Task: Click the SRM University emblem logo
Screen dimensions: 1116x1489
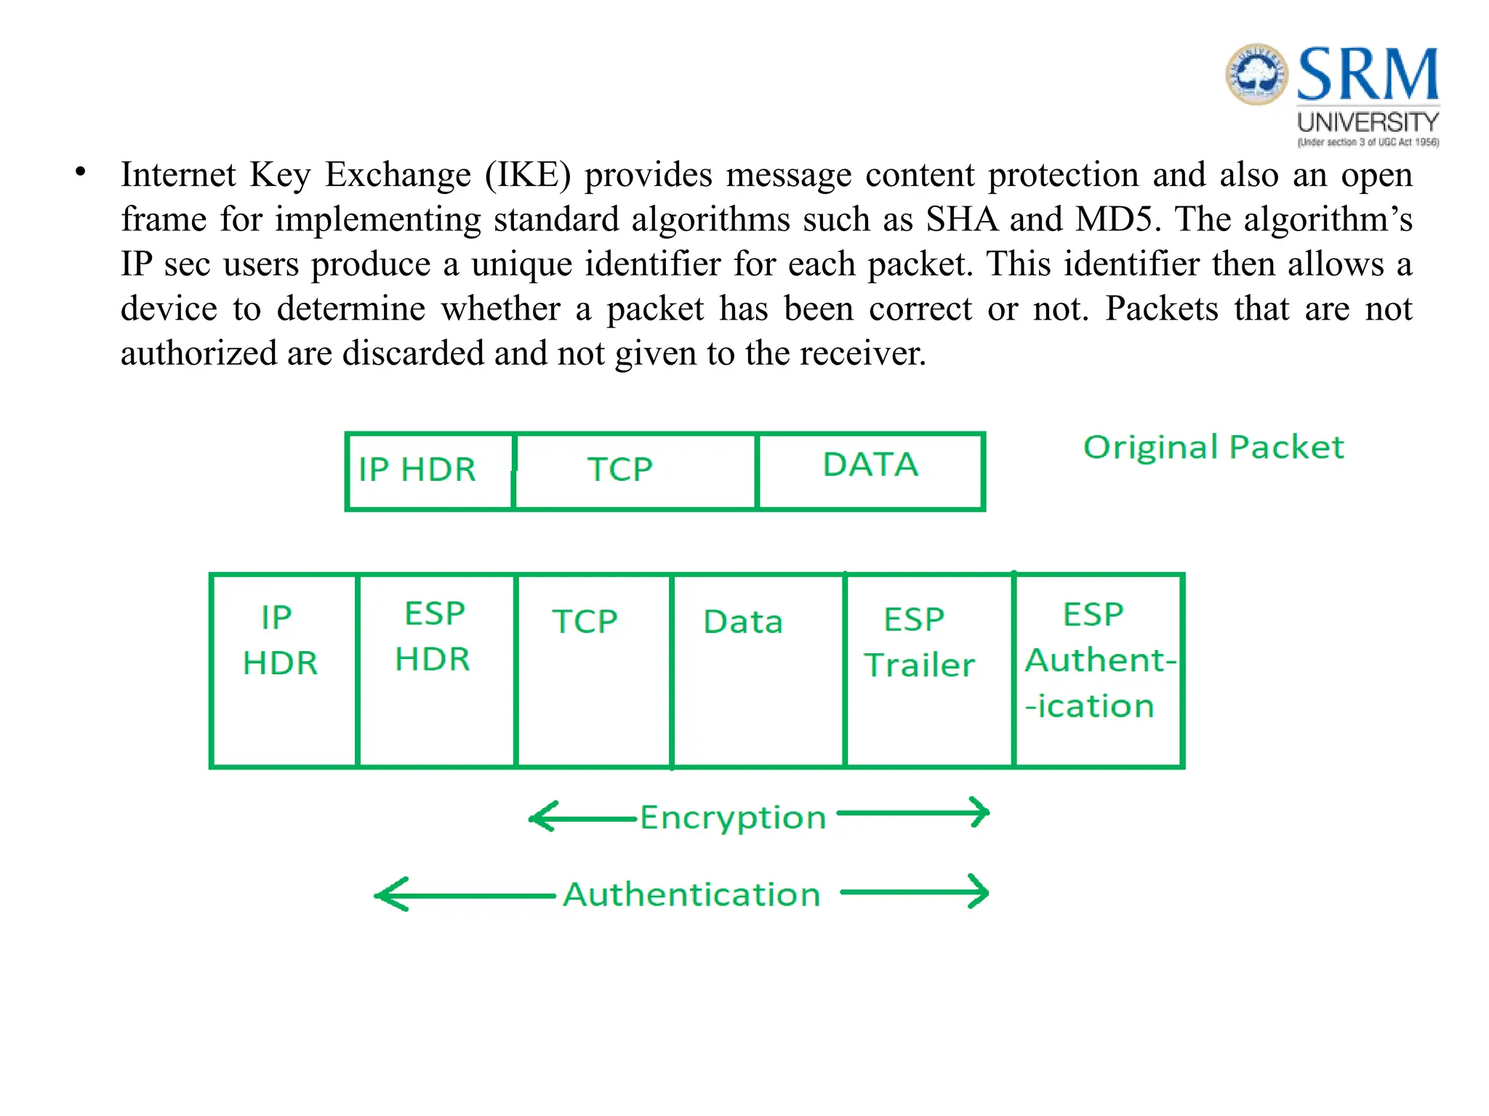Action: [x=1256, y=74]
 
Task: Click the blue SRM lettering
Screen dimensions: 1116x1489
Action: [x=1367, y=74]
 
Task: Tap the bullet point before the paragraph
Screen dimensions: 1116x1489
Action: [x=81, y=173]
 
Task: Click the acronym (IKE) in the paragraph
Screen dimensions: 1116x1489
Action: [x=529, y=175]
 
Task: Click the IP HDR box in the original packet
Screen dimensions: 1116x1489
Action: [x=429, y=471]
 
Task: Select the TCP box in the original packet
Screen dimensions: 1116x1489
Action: [x=635, y=471]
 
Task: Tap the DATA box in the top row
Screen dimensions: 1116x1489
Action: [x=870, y=471]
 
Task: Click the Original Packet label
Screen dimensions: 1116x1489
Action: [x=1213, y=447]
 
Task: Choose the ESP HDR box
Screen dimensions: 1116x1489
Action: [x=436, y=670]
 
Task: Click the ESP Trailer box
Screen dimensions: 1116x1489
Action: [x=928, y=670]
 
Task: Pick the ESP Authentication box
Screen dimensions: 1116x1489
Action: [x=1098, y=670]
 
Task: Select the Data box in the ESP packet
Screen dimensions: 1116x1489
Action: [x=757, y=670]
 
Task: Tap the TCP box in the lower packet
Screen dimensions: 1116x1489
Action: [x=593, y=670]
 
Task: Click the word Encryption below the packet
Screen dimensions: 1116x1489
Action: [x=733, y=818]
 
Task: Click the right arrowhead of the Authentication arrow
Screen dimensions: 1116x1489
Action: [x=981, y=892]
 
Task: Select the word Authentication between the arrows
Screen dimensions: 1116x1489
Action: [x=691, y=894]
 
